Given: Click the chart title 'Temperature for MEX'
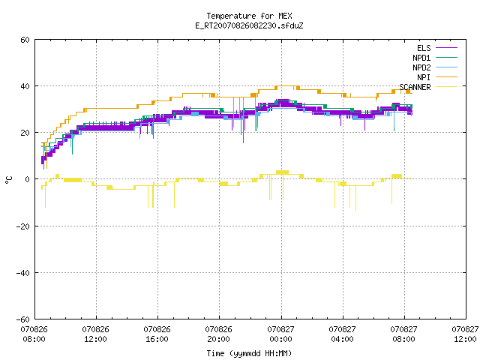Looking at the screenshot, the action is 249,16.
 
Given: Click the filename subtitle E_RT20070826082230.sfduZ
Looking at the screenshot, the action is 249,25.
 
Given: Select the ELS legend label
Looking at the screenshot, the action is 424,48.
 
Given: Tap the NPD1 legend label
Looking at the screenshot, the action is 421,58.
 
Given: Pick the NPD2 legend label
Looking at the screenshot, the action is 421,67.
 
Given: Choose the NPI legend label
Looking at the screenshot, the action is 424,77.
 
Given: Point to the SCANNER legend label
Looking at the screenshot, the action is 415,87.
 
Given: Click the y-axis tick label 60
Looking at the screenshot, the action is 25,40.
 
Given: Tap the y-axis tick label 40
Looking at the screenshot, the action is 25,86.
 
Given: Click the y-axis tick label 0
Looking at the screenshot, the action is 28,179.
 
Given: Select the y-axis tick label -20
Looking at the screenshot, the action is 23,226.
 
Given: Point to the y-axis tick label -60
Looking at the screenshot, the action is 23,319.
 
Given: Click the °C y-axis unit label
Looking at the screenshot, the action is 9,180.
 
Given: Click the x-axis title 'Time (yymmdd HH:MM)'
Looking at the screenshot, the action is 249,353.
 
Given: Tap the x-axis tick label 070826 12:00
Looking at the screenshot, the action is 95,334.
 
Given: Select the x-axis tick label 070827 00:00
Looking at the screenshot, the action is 280,334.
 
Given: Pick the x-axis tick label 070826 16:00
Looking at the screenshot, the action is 157,334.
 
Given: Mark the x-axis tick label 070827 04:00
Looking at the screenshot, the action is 342,334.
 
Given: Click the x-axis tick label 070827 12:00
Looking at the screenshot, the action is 465,334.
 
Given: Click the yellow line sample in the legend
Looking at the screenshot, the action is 446,87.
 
